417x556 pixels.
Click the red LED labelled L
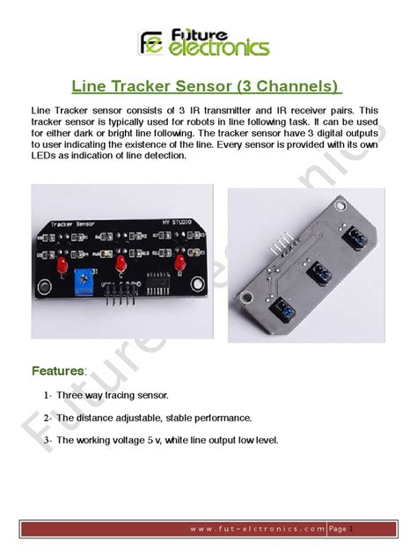click(x=62, y=265)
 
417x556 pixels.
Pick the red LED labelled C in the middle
click(x=121, y=264)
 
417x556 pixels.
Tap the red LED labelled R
click(x=179, y=264)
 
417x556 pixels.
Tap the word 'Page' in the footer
click(x=338, y=529)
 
